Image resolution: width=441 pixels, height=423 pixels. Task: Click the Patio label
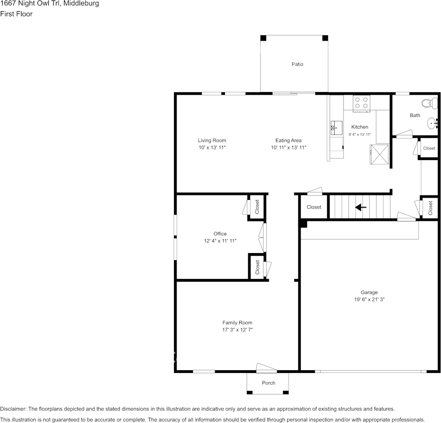point(297,64)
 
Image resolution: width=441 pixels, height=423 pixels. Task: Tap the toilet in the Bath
point(429,103)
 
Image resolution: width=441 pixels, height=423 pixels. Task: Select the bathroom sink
point(433,123)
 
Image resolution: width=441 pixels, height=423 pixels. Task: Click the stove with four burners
point(361,103)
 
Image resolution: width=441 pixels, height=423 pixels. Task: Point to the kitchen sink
point(336,128)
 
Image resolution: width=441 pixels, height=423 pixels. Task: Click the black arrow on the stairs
point(360,207)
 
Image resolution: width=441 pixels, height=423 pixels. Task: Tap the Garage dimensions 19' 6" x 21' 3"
point(369,300)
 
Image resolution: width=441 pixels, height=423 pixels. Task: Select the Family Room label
point(237,322)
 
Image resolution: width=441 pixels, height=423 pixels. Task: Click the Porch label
point(269,383)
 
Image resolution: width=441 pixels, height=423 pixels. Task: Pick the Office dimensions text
point(220,241)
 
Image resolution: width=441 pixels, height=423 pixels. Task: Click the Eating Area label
point(288,140)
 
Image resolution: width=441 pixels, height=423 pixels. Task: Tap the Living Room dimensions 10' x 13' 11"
point(212,148)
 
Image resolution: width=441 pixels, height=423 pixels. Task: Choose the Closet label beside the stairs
point(314,207)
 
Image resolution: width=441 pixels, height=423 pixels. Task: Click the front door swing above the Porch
point(266,367)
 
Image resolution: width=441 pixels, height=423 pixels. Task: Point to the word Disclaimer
point(13,409)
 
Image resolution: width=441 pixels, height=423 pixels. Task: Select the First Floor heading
point(16,14)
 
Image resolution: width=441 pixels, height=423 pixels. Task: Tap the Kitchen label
point(360,127)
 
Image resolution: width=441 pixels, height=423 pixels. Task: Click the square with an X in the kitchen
point(379,154)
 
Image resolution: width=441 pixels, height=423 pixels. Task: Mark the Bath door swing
point(404,134)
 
